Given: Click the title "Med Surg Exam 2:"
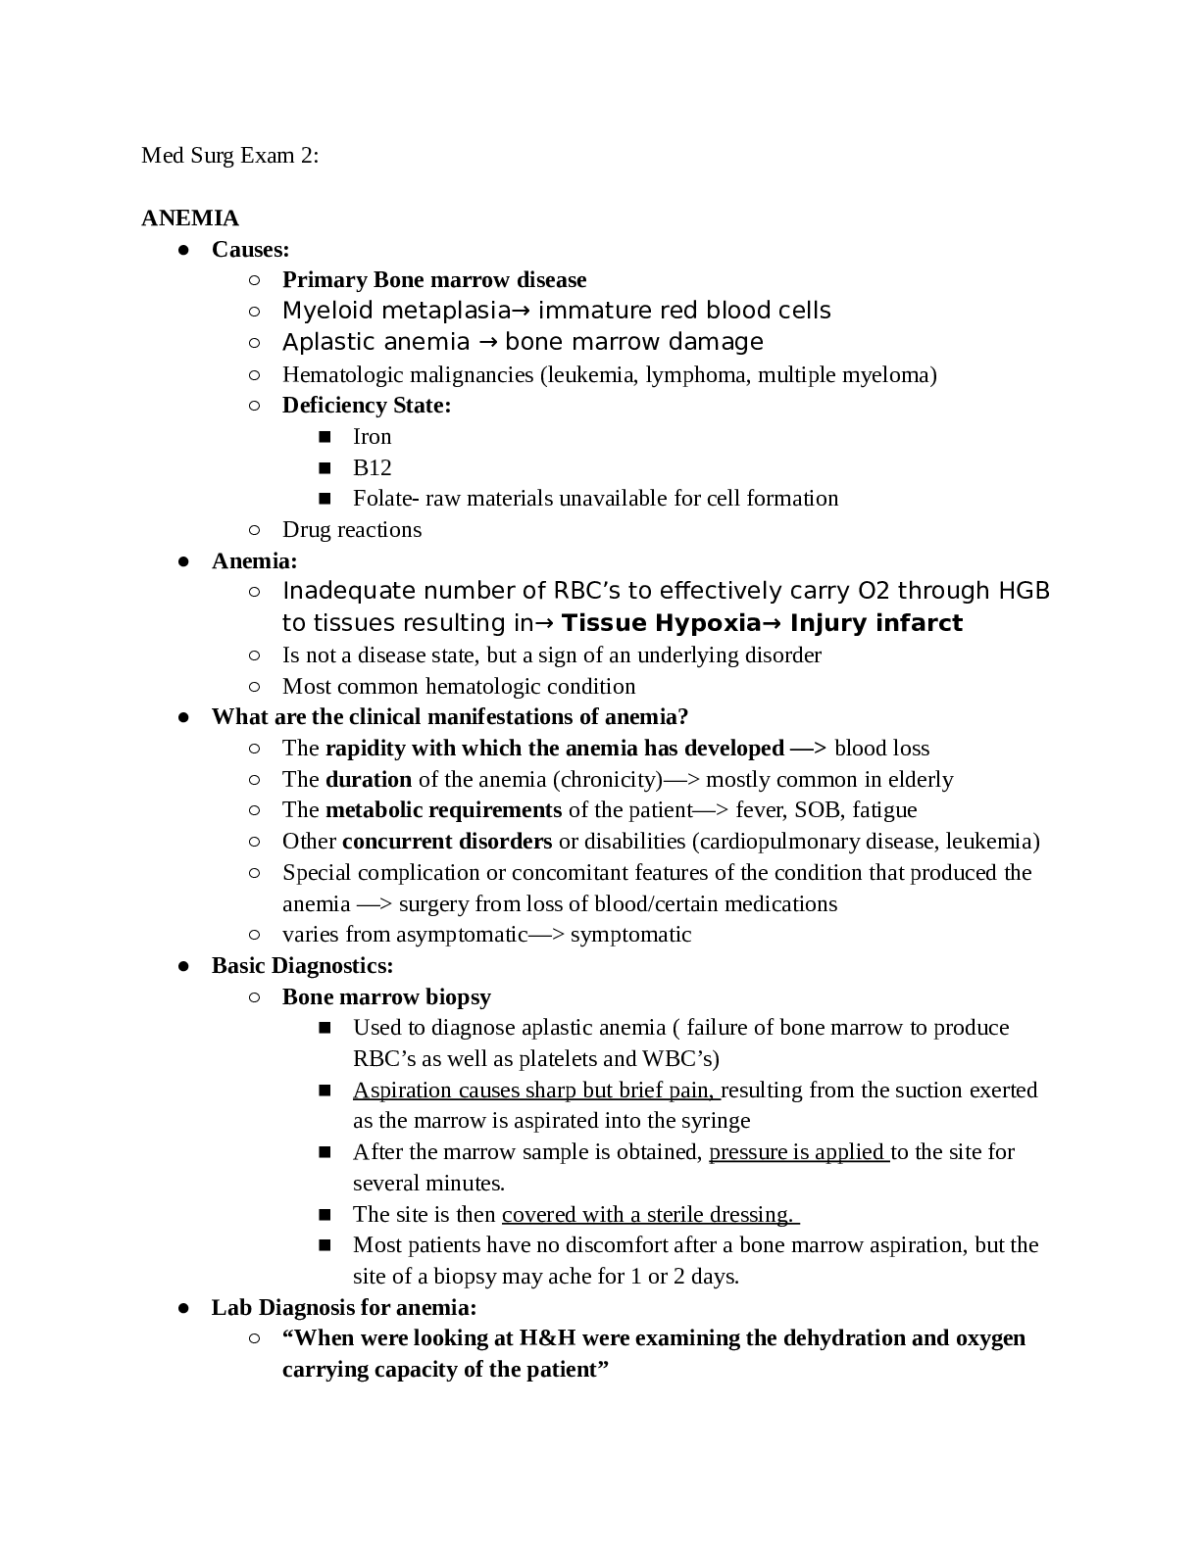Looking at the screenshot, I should click(229, 156).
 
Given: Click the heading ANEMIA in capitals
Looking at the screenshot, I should click(190, 218).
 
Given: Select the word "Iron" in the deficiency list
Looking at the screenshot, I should click(372, 436).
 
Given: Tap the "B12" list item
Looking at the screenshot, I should click(372, 467).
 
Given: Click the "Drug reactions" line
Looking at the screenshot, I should click(352, 530).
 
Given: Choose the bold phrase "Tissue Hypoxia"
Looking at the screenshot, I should click(661, 623).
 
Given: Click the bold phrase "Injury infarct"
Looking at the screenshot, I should click(875, 623).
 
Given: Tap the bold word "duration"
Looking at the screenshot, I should click(369, 779).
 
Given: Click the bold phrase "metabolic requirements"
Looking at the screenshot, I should click(443, 810).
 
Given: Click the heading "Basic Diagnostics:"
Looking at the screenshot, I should click(302, 966).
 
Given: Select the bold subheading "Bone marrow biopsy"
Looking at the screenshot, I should click(386, 997).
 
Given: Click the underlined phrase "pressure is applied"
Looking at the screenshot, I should click(797, 1152).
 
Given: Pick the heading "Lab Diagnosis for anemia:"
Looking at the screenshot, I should click(344, 1308).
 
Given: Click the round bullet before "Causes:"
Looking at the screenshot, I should click(183, 250).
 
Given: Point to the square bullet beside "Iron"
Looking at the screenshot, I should click(325, 437).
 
